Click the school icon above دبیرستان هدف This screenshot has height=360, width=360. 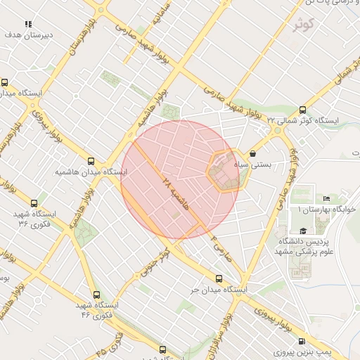click(28, 25)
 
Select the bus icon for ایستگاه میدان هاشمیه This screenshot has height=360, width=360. click(91, 161)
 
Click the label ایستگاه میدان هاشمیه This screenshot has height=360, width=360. click(91, 172)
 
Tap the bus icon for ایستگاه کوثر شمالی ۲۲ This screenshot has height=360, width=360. click(302, 110)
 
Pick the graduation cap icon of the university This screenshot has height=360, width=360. click(303, 231)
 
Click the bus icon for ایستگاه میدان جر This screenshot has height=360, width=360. click(219, 279)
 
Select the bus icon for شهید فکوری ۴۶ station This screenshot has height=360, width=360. click(96, 295)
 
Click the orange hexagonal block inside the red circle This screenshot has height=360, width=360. click(225, 172)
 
